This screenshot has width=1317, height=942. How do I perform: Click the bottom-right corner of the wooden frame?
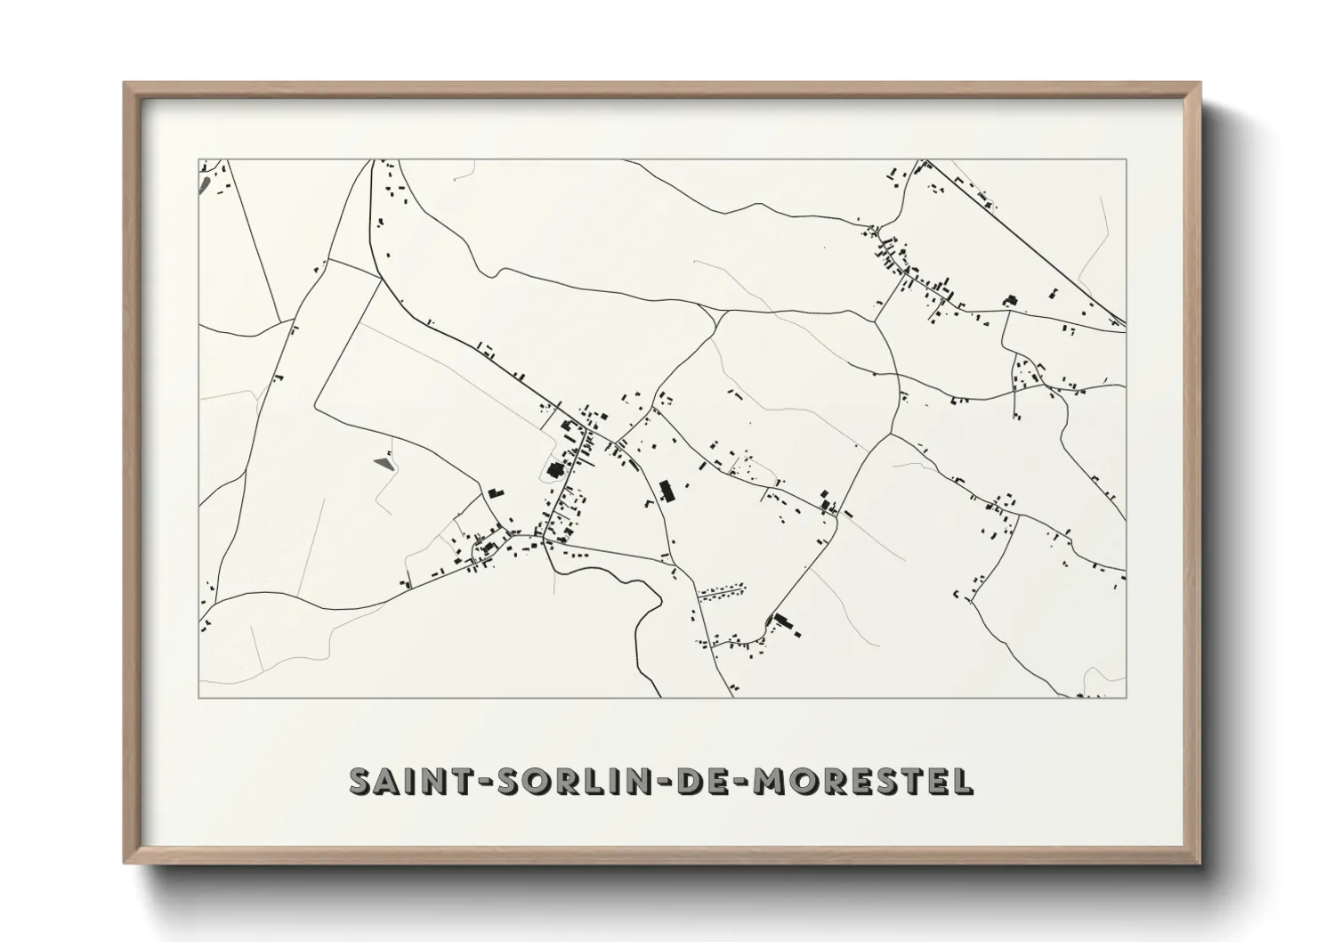1201,863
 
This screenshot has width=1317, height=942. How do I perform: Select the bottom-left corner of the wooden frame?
125,863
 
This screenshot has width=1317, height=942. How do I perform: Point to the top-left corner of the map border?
198,160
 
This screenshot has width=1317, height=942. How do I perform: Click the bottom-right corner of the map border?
1127,697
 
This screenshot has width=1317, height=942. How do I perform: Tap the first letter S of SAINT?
362,781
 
